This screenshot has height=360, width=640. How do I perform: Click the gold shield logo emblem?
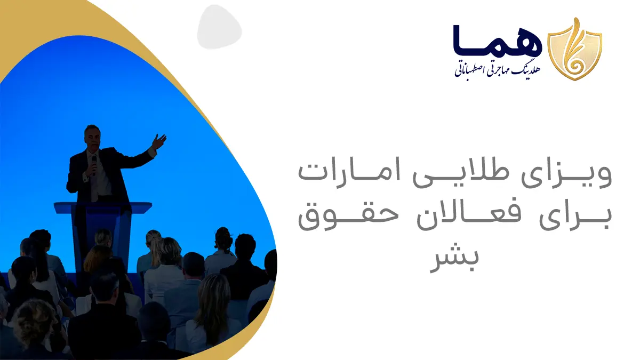pos(574,49)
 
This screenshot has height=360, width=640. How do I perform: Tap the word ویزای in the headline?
pos(566,175)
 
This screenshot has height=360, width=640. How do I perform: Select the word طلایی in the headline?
pos(461,175)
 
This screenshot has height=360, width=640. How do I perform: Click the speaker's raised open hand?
pos(159,141)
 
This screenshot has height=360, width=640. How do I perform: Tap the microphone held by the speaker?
pos(94,165)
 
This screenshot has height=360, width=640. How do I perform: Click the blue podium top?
pos(103,207)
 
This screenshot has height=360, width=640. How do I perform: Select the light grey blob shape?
pos(219,27)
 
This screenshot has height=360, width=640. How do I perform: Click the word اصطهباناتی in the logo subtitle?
pos(468,71)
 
